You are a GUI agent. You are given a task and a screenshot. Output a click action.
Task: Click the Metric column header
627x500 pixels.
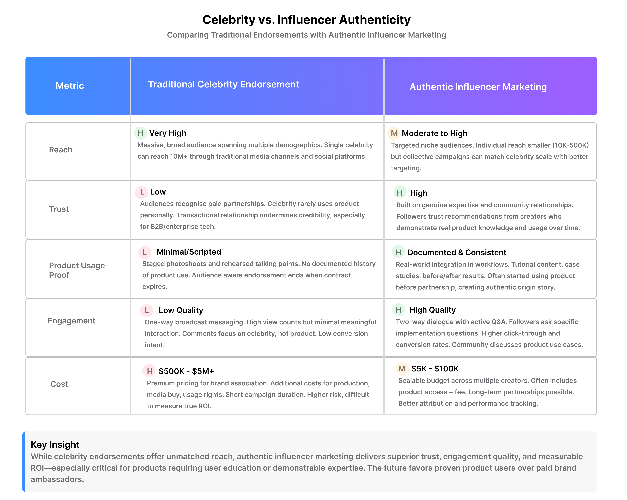70,86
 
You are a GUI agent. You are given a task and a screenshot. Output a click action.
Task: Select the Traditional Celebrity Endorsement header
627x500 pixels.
223,84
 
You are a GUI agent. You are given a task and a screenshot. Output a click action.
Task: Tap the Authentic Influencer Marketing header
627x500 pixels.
478,87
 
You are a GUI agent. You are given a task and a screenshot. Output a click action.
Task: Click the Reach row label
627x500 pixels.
61,150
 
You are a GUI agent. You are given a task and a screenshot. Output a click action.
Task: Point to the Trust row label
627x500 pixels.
59,209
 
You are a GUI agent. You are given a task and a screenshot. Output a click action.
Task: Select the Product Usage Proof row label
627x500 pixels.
77,270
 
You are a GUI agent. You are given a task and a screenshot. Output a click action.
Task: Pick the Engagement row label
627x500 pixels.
72,321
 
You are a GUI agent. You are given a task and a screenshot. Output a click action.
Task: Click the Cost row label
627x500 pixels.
59,384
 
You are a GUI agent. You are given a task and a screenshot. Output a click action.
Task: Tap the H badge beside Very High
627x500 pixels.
140,133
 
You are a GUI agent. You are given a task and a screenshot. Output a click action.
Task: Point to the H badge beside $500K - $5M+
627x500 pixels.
149,371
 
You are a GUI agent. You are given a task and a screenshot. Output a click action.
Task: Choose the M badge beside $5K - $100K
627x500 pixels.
402,369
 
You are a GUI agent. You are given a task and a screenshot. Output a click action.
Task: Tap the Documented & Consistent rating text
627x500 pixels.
457,252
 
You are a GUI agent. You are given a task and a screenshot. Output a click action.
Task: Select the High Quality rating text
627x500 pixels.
432,310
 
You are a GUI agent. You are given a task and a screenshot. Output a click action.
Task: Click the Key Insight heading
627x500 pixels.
55,445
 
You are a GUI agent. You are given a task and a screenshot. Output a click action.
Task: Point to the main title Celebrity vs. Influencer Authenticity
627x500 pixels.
307,20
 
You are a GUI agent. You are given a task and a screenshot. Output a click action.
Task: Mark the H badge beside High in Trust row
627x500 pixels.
400,193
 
